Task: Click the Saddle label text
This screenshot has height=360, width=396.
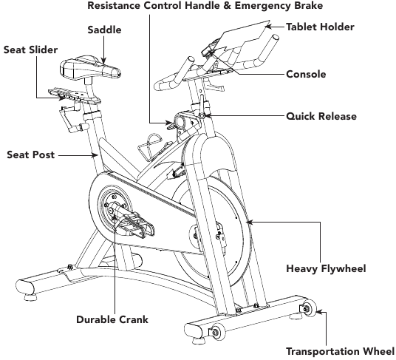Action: click(104, 30)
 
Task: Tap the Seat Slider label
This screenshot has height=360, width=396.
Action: click(30, 50)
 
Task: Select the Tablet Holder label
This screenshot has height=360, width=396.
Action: click(320, 27)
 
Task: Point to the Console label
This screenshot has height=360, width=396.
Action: click(306, 74)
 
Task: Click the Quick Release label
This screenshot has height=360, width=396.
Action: click(321, 116)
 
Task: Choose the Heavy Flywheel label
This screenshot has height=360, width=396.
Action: click(326, 268)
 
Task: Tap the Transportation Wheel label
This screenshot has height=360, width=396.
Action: click(340, 351)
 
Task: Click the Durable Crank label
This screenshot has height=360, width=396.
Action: click(112, 319)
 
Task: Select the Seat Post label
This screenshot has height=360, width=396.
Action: click(30, 154)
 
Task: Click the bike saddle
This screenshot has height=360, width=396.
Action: click(90, 68)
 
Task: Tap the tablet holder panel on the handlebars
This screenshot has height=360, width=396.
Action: click(244, 34)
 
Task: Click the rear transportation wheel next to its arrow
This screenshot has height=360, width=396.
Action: click(309, 308)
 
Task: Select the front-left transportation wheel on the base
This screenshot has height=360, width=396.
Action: click(217, 332)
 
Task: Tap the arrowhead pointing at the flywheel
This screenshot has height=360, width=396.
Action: click(249, 223)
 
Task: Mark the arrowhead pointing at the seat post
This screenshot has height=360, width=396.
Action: click(95, 155)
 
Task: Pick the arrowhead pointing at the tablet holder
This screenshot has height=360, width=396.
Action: click(269, 27)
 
